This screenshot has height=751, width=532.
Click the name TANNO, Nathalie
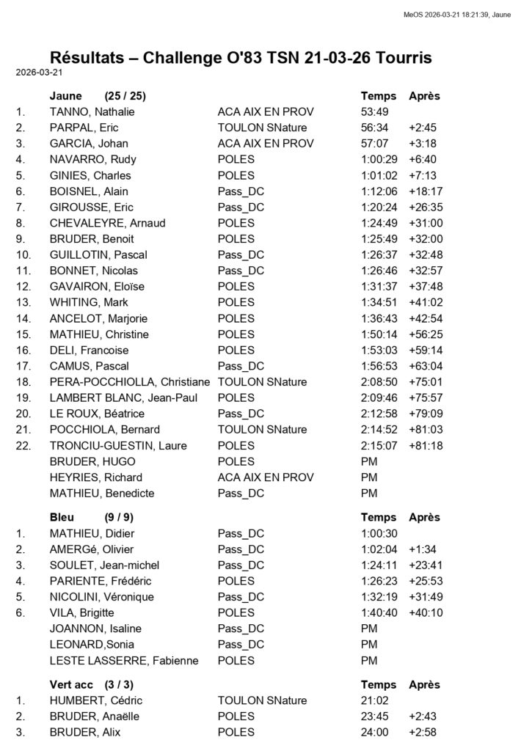pyautogui.click(x=92, y=112)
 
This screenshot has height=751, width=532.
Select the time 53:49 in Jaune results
pyautogui.click(x=374, y=112)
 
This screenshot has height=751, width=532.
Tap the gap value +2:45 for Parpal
pyautogui.click(x=423, y=128)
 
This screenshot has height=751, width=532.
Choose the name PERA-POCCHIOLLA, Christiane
pyautogui.click(x=129, y=382)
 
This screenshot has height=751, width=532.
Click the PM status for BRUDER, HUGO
pyautogui.click(x=369, y=461)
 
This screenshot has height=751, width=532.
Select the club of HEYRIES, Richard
pyautogui.click(x=266, y=477)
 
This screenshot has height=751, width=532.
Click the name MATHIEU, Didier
pyautogui.click(x=92, y=533)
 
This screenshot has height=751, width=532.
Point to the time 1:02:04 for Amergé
pyautogui.click(x=379, y=549)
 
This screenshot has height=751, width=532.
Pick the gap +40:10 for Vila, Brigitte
pyautogui.click(x=426, y=612)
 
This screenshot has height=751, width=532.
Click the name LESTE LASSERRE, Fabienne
pyautogui.click(x=124, y=660)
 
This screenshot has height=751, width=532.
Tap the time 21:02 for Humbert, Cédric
pyautogui.click(x=374, y=700)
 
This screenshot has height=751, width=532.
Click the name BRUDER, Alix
pyautogui.click(x=84, y=732)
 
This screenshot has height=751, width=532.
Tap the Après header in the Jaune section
pyautogui.click(x=424, y=96)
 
